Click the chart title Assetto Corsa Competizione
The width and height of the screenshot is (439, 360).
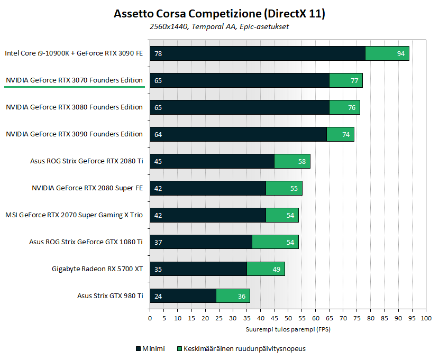point(219,14)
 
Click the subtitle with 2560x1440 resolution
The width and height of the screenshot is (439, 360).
point(219,26)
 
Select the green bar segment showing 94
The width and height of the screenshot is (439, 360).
point(387,53)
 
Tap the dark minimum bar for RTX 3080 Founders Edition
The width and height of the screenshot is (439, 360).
point(240,107)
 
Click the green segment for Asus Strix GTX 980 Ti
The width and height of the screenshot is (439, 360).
point(233,296)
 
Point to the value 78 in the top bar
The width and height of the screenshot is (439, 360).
point(158,53)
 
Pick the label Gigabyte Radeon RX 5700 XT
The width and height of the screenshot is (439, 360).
point(97,269)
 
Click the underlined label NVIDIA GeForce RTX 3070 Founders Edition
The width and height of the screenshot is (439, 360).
point(74,80)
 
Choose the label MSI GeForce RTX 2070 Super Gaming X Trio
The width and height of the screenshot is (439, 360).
point(74,215)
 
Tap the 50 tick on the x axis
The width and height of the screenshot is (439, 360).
point(288,318)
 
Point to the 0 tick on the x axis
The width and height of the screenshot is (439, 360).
point(150,318)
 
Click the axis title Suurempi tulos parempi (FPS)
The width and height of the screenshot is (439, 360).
point(288,329)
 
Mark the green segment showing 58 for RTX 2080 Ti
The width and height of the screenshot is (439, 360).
point(292,161)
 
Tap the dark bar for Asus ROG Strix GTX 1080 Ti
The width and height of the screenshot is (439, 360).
point(201,242)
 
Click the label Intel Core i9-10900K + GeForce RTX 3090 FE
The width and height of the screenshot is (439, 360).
point(74,53)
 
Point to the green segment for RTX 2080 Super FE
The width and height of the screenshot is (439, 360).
point(283,188)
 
